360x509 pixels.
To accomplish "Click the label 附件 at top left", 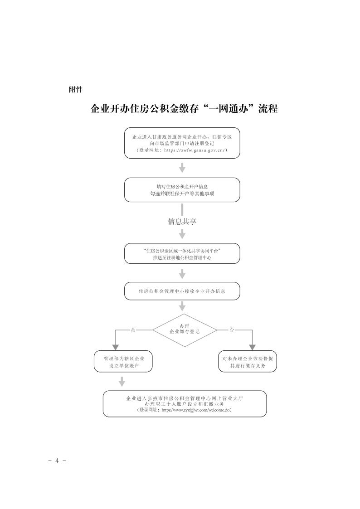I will click(x=75, y=89).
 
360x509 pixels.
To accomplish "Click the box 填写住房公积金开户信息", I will click(x=182, y=190).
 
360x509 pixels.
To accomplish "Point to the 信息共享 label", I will click(x=182, y=222).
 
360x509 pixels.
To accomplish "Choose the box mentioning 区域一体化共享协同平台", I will click(x=182, y=253).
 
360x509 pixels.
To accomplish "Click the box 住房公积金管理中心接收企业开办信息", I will click(x=182, y=291).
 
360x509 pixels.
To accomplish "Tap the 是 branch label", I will click(x=133, y=330).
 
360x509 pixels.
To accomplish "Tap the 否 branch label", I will click(x=232, y=330).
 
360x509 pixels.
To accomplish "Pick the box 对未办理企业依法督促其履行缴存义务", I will click(x=247, y=362).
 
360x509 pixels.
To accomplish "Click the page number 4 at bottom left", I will click(x=58, y=461).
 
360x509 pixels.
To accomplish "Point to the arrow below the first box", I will click(x=182, y=168).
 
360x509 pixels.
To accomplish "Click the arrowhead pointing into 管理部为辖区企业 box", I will click(x=117, y=347).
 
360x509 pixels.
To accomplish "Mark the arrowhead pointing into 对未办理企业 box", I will click(x=253, y=347).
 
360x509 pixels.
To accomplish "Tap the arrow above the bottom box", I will click(x=122, y=382).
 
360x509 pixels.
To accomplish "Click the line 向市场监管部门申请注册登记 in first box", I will click(x=182, y=143).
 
